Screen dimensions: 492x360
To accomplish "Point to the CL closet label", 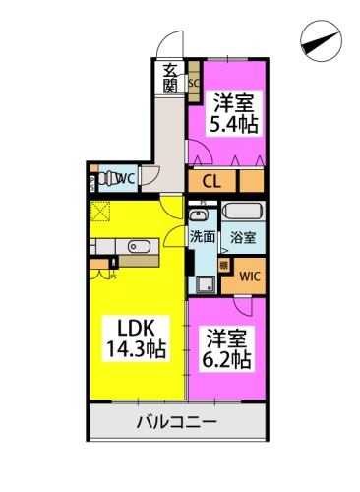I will (x=211, y=181).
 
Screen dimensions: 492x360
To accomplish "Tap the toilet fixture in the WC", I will (x=105, y=179).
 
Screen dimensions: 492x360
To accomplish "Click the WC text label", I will (x=126, y=179).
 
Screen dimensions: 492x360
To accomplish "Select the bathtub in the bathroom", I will (x=240, y=213).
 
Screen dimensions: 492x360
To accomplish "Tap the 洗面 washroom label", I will (x=204, y=237).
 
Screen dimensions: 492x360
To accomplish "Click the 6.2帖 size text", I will (x=227, y=359).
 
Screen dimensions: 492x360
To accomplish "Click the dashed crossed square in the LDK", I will (x=100, y=211).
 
